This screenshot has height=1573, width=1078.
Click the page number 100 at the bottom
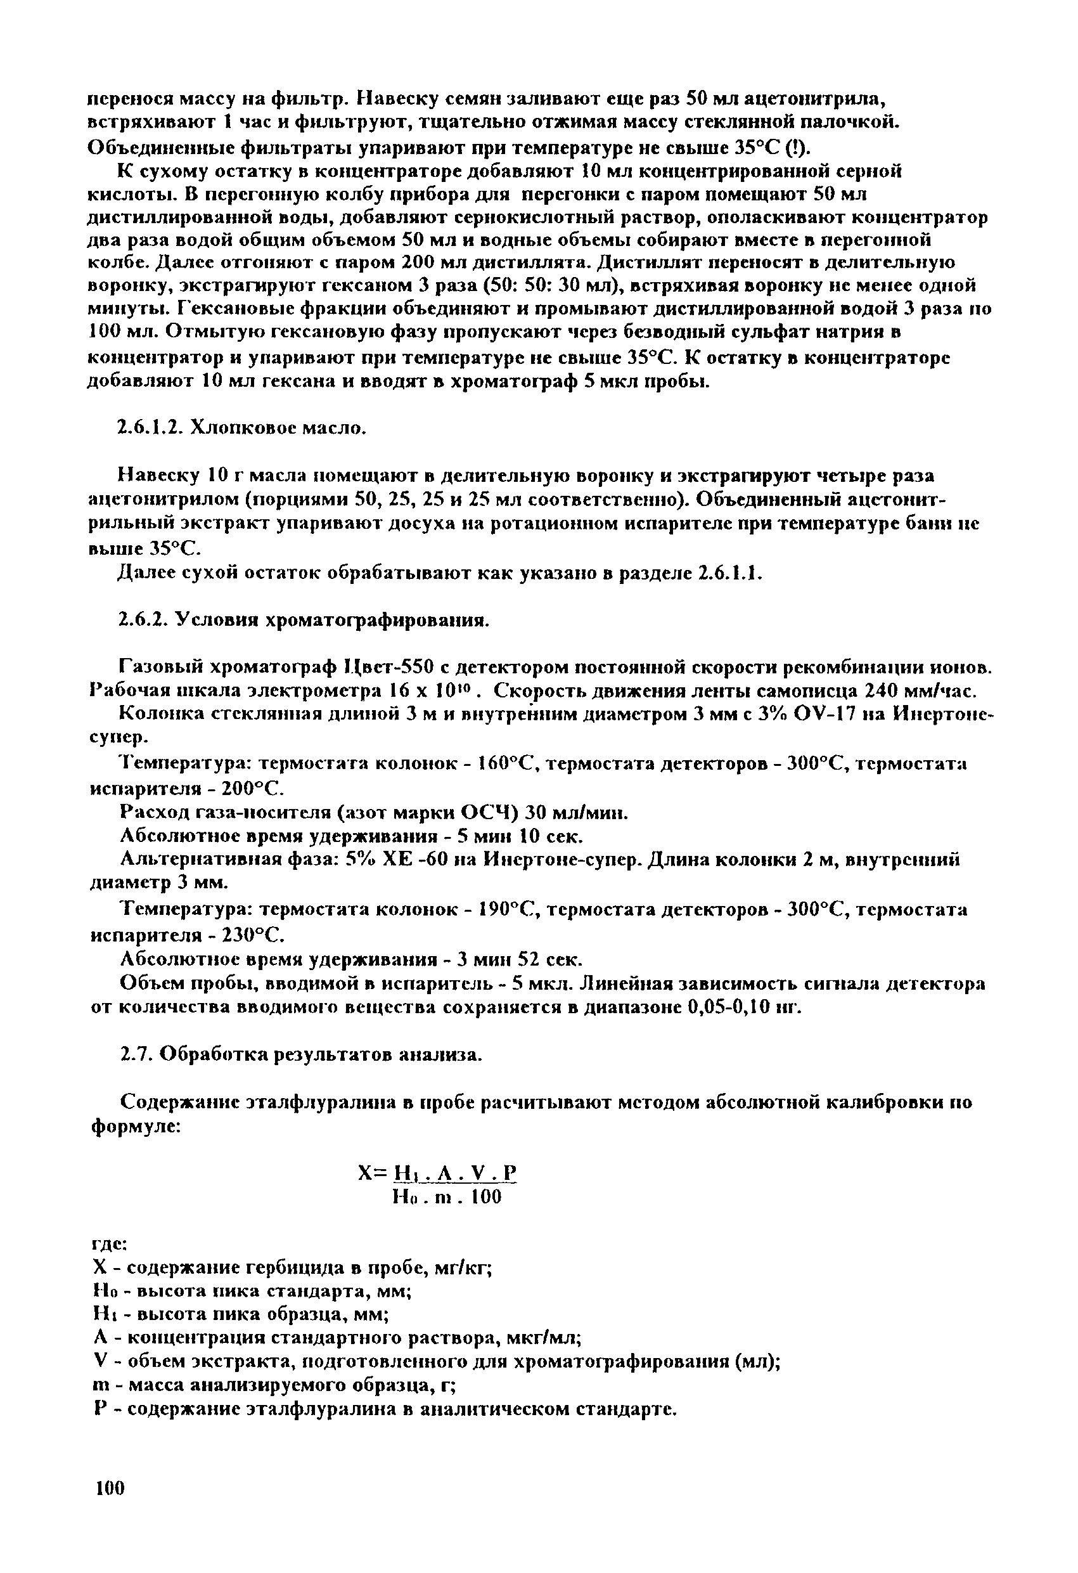point(110,1489)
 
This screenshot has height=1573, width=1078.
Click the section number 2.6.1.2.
point(148,429)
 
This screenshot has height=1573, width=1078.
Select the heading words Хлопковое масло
point(278,429)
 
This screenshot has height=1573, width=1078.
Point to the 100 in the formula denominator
point(487,1198)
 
